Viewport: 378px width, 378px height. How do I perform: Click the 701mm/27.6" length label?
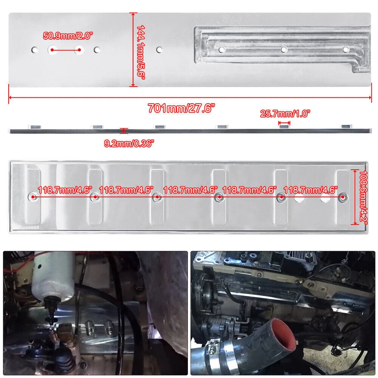click(182, 107)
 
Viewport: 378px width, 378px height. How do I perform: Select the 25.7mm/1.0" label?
click(285, 114)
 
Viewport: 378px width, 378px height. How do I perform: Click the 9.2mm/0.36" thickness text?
click(129, 143)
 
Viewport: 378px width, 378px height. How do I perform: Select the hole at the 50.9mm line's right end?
click(80, 50)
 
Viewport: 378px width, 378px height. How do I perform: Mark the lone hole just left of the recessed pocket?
click(159, 50)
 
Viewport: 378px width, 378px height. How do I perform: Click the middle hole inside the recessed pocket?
click(283, 50)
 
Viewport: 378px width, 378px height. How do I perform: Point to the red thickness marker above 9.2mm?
click(124, 130)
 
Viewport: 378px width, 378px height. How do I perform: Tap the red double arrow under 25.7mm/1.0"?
click(284, 122)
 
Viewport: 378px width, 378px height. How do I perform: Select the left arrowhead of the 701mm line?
click(10, 98)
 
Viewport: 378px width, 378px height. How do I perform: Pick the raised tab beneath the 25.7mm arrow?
click(284, 126)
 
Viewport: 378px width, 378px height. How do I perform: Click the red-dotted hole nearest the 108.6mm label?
click(343, 196)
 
